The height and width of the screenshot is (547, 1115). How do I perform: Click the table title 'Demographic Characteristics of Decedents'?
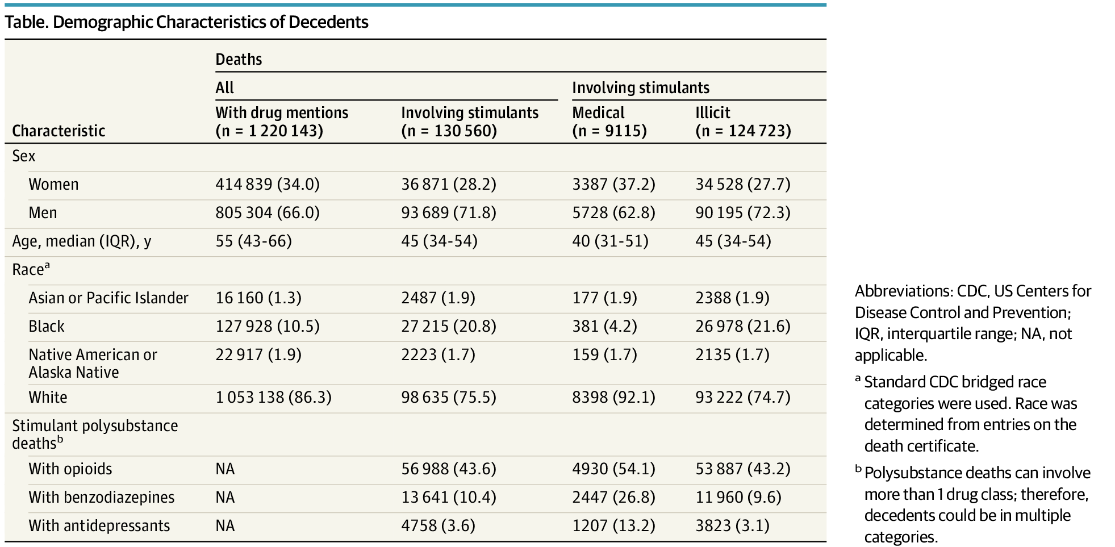click(x=210, y=22)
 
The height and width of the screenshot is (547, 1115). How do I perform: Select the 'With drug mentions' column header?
click(x=282, y=113)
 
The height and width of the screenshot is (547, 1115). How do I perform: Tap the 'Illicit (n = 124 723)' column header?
click(x=742, y=122)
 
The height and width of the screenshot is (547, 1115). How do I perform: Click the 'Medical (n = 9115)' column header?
click(x=609, y=122)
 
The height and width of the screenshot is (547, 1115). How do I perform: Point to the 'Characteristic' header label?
click(x=59, y=131)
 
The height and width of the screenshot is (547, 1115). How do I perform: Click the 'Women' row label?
click(x=53, y=185)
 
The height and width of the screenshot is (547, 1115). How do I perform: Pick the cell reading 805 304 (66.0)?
click(x=268, y=213)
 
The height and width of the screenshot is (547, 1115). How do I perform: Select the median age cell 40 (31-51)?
click(x=610, y=241)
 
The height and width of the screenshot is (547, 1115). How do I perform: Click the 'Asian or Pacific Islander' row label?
click(x=108, y=298)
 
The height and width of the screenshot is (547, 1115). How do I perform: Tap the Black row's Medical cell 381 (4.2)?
click(x=604, y=327)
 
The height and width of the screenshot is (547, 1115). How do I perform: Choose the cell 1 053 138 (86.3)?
click(x=273, y=398)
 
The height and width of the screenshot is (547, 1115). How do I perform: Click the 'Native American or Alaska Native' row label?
click(x=93, y=364)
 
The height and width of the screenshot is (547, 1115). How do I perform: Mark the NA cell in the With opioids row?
click(x=225, y=469)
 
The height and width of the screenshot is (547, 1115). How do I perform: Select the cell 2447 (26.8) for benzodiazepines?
click(x=613, y=498)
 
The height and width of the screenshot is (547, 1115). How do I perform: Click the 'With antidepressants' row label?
click(x=99, y=526)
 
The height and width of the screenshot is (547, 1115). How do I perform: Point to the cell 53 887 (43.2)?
click(x=742, y=469)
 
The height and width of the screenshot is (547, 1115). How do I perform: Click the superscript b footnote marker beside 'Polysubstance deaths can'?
click(x=858, y=469)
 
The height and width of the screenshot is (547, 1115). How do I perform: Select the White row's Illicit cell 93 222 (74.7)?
click(x=742, y=398)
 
